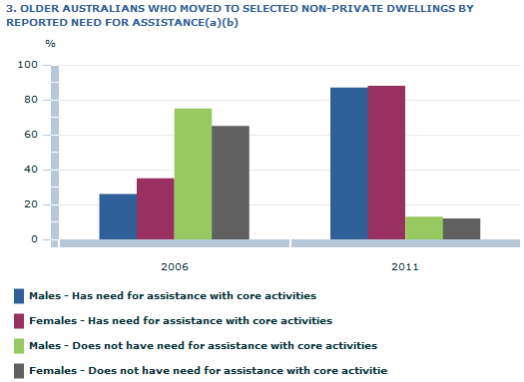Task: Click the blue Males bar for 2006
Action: (x=118, y=216)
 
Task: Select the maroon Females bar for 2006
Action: (x=155, y=208)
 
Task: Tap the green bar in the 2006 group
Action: (x=193, y=174)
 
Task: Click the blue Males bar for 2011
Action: (x=348, y=164)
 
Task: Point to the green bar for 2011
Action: (x=424, y=227)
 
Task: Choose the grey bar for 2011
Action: (x=461, y=228)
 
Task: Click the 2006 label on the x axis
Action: (x=175, y=267)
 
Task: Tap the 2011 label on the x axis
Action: (x=405, y=267)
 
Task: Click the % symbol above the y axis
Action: (x=51, y=45)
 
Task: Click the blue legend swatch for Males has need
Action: (x=19, y=296)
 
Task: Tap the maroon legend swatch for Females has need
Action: (x=19, y=321)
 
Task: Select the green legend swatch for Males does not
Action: (x=19, y=346)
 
